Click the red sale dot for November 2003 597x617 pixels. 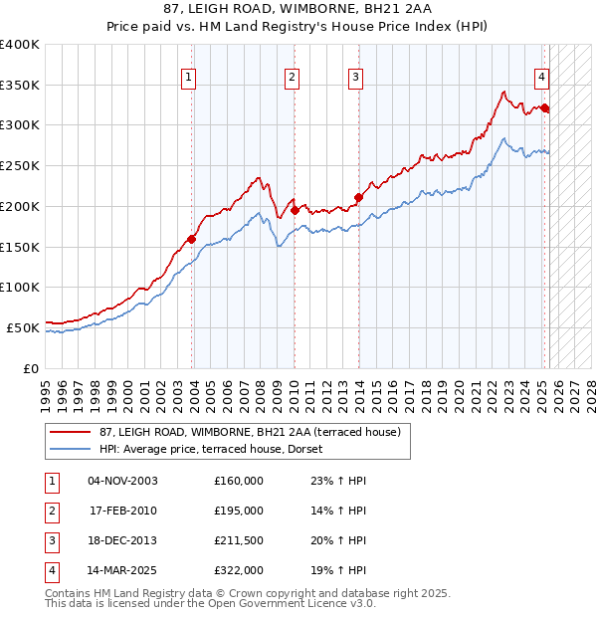tap(192, 238)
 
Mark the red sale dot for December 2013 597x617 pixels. tap(358, 197)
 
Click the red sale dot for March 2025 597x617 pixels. tap(545, 108)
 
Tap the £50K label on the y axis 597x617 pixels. tap(23, 327)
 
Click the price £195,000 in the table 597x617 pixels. tap(239, 511)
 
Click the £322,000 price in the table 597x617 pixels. tap(239, 570)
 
